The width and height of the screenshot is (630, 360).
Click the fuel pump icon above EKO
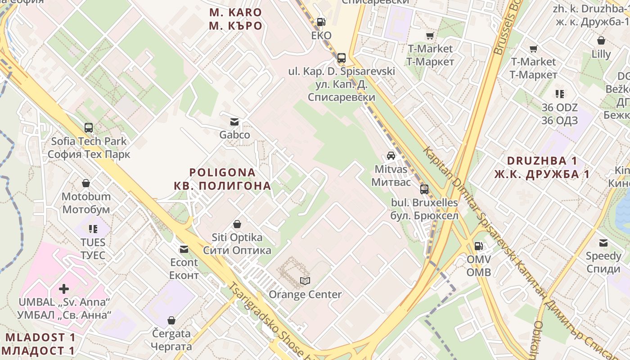[x=321, y=22]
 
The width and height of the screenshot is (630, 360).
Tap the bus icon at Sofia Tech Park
[x=89, y=128]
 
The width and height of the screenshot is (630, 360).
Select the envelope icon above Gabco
[x=234, y=121]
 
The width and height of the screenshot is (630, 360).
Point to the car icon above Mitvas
[x=391, y=156]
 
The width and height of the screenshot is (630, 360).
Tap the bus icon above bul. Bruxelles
[x=424, y=189]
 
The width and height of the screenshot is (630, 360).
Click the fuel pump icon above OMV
[x=478, y=246]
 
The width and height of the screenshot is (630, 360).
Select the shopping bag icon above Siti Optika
[x=237, y=224]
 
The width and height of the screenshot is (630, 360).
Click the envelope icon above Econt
[x=184, y=249]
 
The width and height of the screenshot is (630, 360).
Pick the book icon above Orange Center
[x=305, y=281]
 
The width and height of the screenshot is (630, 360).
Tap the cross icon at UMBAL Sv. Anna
[x=64, y=288]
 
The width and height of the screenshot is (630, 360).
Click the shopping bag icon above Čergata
[x=171, y=320]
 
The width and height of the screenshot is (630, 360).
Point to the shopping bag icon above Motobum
[x=86, y=183]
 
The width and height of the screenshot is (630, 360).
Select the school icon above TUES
[x=93, y=229]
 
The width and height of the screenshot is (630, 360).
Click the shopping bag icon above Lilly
[x=601, y=40]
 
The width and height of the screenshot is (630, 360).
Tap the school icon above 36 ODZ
[x=560, y=94]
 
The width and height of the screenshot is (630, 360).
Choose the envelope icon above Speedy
[x=603, y=243]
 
